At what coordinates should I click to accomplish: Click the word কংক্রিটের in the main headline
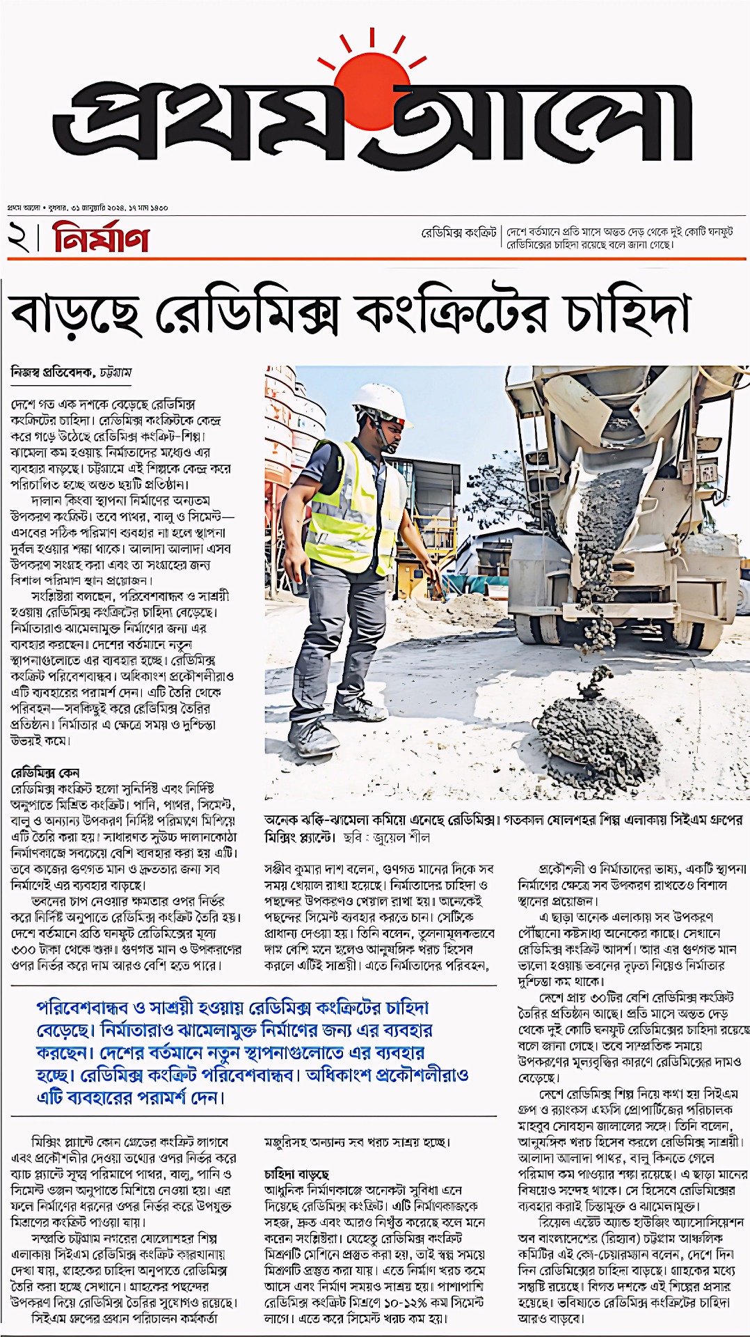pos(456,313)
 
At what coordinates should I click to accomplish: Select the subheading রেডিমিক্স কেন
pos(45,773)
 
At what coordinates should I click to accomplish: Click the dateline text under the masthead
pos(88,208)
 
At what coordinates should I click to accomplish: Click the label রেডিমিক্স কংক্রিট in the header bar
pos(458,233)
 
